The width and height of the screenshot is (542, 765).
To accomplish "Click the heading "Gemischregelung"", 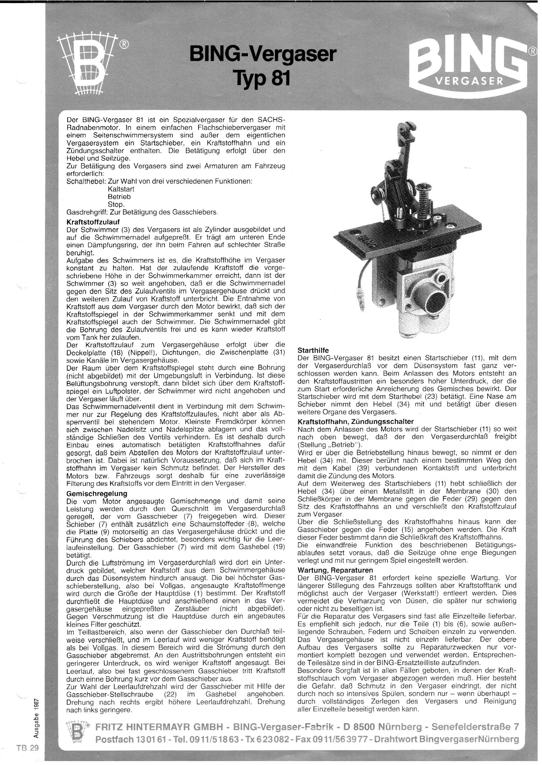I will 96,493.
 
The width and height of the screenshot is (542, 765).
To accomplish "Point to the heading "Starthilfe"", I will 312,350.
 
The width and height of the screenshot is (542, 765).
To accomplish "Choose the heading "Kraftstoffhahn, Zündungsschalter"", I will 355,422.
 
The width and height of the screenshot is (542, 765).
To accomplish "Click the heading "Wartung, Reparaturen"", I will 335,570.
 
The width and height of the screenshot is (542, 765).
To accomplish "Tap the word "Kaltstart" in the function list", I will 121,189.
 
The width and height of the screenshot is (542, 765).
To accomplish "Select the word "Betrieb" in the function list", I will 119,197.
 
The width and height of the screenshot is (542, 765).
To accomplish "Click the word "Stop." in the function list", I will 116,205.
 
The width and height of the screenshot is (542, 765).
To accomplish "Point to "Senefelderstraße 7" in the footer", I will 476,727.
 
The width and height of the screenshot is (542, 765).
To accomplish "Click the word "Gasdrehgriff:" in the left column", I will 86,212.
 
